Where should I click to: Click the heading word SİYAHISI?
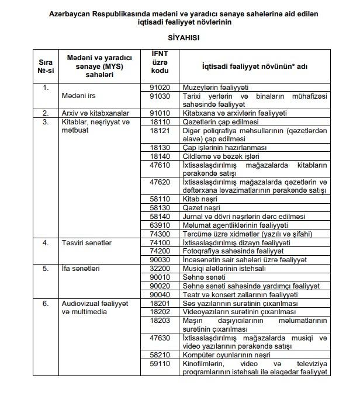180,36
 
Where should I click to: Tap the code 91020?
160,86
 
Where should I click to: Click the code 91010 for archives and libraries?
160,113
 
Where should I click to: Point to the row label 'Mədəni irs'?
78,95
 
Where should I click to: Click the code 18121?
160,131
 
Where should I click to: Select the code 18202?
160,312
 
